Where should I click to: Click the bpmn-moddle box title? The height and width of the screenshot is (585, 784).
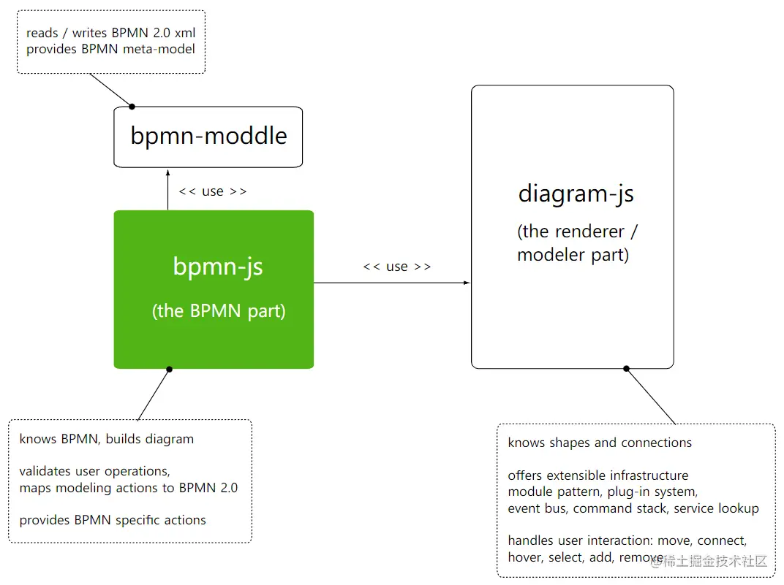[x=208, y=136]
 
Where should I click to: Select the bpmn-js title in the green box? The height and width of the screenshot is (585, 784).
[x=218, y=267]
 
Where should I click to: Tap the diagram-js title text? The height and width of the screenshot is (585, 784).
[x=576, y=194]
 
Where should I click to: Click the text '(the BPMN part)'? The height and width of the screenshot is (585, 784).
[x=219, y=311]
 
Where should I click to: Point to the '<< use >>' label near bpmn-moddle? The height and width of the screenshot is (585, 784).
[x=212, y=191]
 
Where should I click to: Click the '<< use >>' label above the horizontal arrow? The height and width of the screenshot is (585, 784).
[x=396, y=267]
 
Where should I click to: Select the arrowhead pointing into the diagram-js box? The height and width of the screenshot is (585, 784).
[x=467, y=283]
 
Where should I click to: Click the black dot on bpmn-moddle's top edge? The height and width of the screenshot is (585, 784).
[x=132, y=107]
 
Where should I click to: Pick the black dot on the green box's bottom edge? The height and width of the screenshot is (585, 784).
[x=169, y=369]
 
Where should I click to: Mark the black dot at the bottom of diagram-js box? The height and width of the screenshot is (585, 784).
[x=626, y=369]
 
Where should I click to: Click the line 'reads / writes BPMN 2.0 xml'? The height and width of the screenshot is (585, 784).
[x=110, y=33]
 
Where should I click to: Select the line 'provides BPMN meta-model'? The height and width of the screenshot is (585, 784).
[x=110, y=49]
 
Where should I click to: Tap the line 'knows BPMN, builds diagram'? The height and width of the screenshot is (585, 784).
[x=107, y=439]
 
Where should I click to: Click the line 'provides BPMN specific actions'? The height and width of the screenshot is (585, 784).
[x=113, y=520]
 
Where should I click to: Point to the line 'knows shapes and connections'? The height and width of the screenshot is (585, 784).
[x=600, y=443]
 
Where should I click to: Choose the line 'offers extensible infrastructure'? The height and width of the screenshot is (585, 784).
[x=598, y=475]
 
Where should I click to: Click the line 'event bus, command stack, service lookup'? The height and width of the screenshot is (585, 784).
[x=633, y=508]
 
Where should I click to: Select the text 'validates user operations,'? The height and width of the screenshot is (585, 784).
[x=94, y=471]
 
